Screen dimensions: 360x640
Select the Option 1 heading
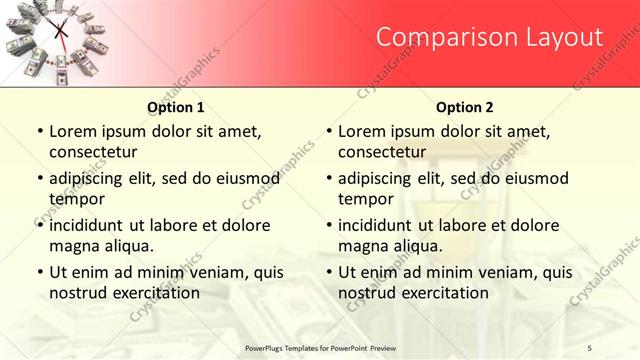(x=176, y=107)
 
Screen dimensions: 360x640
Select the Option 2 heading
(x=465, y=107)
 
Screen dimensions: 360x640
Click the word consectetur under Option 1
(x=92, y=152)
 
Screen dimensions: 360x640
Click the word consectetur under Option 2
(x=381, y=152)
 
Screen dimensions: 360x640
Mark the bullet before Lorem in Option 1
(x=40, y=132)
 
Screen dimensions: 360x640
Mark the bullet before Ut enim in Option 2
(x=329, y=272)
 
